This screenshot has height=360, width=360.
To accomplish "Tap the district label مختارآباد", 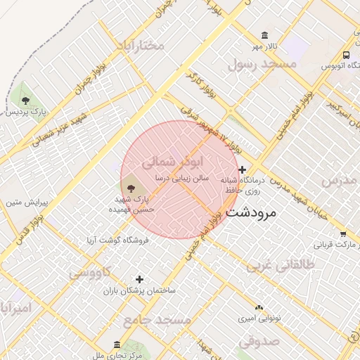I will point(139,46).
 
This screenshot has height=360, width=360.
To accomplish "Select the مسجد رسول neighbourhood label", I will point(262,63).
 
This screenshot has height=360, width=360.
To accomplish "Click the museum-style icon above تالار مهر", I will point(264,35).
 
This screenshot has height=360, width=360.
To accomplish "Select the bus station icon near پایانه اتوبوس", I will point(346,55).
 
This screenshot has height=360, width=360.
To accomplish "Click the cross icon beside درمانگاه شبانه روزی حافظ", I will point(243,169).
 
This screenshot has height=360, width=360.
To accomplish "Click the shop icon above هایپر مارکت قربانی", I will point(342,235).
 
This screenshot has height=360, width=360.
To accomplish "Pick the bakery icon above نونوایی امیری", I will point(259,307).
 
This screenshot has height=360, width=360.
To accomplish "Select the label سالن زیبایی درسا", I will point(183,179).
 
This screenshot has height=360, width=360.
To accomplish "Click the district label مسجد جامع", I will point(157,320).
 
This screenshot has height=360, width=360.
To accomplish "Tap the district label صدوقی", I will point(259,341).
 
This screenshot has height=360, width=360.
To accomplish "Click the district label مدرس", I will point(340,181).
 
